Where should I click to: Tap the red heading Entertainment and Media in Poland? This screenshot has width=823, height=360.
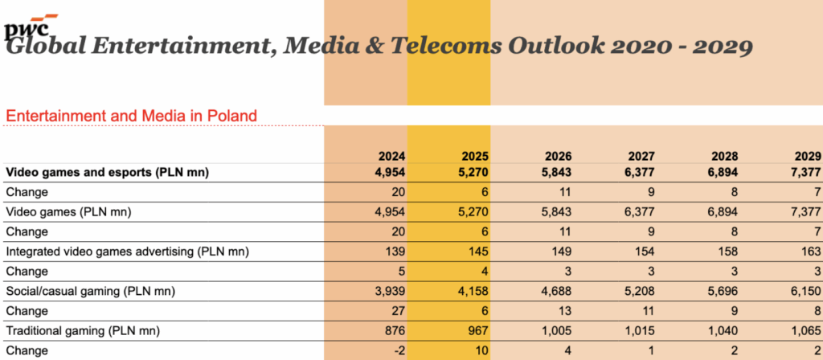[x=131, y=116]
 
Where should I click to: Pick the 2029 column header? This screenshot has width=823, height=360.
[x=805, y=157]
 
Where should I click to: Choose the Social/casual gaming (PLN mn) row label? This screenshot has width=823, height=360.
[x=91, y=291]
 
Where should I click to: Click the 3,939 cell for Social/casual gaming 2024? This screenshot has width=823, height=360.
[x=387, y=291]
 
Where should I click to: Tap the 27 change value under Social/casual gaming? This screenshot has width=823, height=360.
[x=398, y=311]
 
